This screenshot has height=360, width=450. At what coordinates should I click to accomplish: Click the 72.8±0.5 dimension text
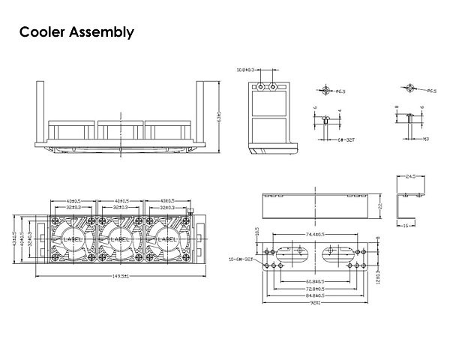pos(316,288)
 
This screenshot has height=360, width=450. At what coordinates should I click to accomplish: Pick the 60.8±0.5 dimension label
pos(316,282)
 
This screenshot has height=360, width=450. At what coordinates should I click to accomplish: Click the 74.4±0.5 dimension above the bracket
pos(316,235)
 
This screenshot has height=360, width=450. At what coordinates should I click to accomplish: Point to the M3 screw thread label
pos(424,139)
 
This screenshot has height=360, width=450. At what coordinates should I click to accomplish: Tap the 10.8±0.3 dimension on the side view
pos(246,70)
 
